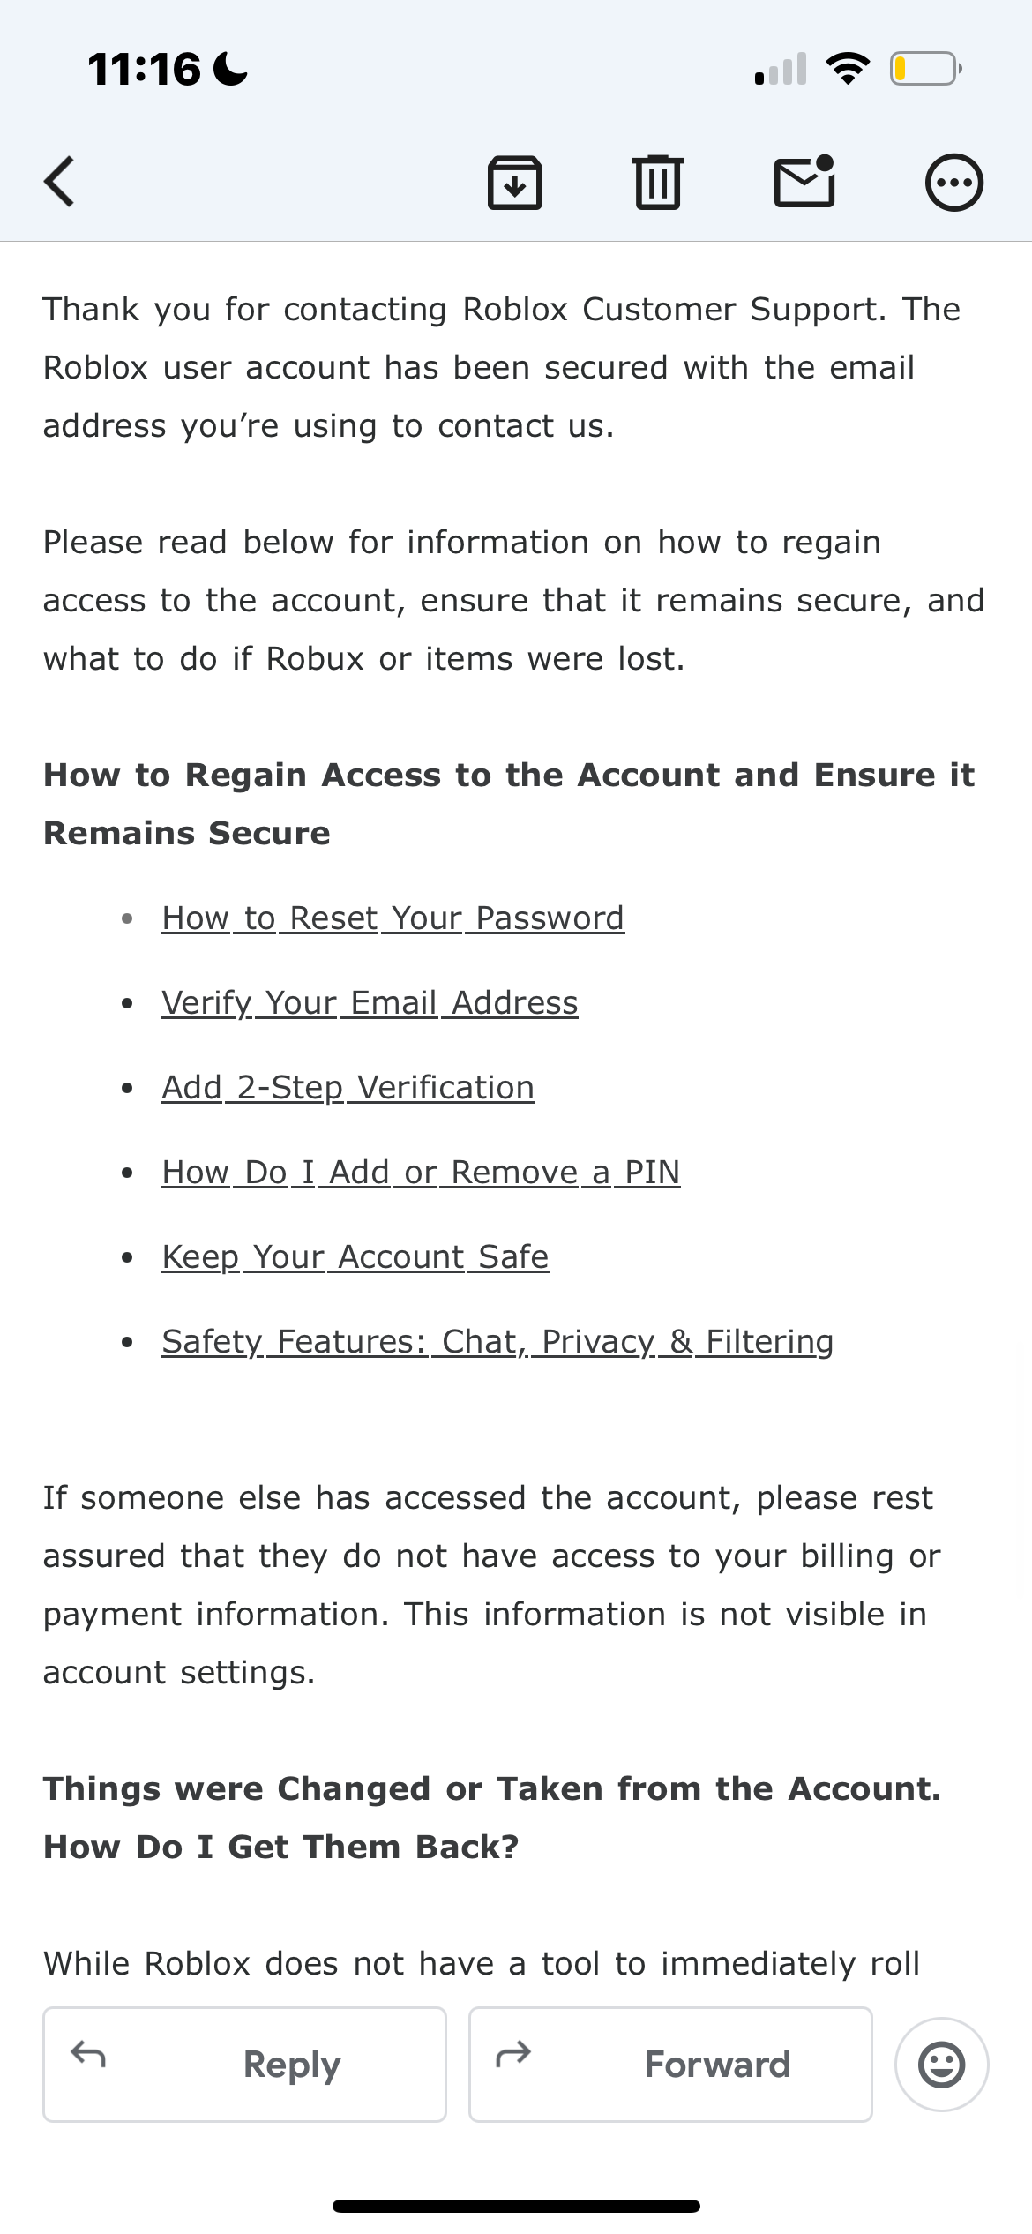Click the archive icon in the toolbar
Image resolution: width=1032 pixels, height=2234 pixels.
[515, 183]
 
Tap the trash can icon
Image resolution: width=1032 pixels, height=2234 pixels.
[658, 183]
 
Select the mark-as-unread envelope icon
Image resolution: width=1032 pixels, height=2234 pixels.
[804, 182]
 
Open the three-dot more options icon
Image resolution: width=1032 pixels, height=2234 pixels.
[953, 183]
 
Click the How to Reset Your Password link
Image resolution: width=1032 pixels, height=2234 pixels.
[393, 918]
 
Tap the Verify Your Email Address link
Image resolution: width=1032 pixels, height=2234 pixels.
[370, 1003]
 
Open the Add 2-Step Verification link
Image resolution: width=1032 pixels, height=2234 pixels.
[348, 1088]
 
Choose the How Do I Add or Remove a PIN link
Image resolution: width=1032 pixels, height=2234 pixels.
[421, 1173]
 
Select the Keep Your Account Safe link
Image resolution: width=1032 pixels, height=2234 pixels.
[355, 1257]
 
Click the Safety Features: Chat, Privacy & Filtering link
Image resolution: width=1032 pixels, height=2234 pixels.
[497, 1342]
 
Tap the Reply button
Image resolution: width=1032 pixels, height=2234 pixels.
[245, 2065]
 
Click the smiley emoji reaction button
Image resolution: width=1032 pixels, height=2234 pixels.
[941, 2065]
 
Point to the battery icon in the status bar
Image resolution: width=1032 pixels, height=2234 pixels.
[925, 69]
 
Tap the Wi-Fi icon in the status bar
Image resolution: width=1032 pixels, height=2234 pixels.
[848, 69]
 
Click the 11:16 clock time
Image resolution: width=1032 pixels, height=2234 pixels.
[145, 69]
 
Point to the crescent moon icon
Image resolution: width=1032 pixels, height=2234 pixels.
[231, 69]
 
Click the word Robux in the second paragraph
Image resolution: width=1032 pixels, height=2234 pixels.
[315, 659]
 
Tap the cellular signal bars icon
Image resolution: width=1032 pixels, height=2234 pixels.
[781, 69]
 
